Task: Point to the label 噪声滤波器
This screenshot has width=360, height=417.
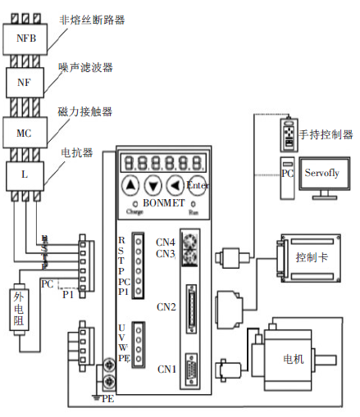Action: coord(86,66)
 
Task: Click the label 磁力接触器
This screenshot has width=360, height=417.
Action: coord(86,111)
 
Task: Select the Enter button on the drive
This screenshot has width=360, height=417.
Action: coord(198,184)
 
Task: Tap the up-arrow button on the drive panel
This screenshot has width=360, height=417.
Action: coord(131,184)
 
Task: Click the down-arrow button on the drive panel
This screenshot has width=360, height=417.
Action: coord(153,184)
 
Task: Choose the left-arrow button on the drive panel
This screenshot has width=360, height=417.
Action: coord(175,184)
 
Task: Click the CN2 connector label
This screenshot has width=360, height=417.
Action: coord(166,307)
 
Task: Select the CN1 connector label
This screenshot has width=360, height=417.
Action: coord(166,369)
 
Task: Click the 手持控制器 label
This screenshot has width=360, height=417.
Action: coord(326,134)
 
